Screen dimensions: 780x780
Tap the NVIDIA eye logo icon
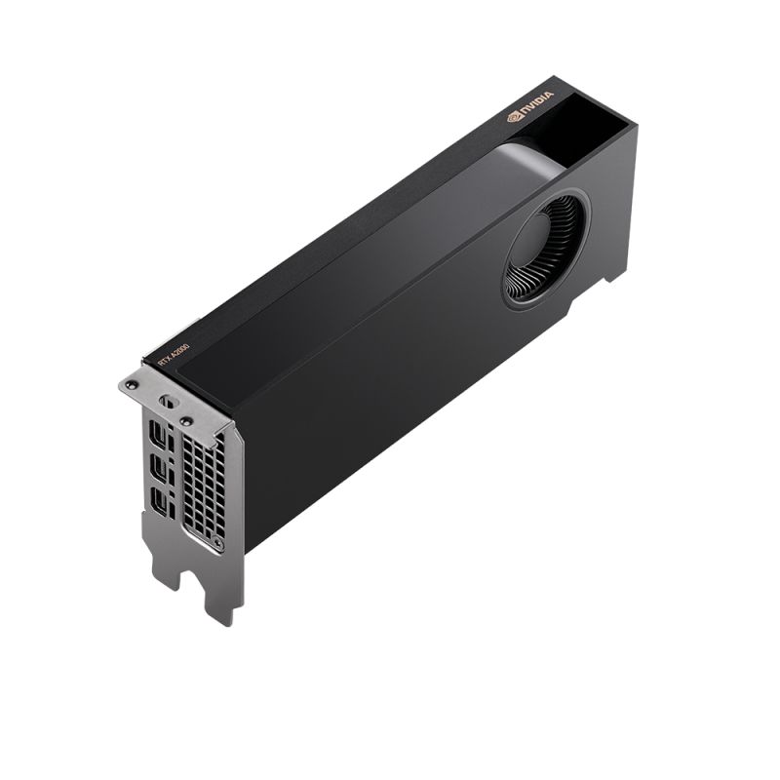515,117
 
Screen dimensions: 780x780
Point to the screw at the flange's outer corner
132,386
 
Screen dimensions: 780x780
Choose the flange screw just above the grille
184,421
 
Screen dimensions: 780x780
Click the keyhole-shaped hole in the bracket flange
167,400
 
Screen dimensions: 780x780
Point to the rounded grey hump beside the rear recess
531,161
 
